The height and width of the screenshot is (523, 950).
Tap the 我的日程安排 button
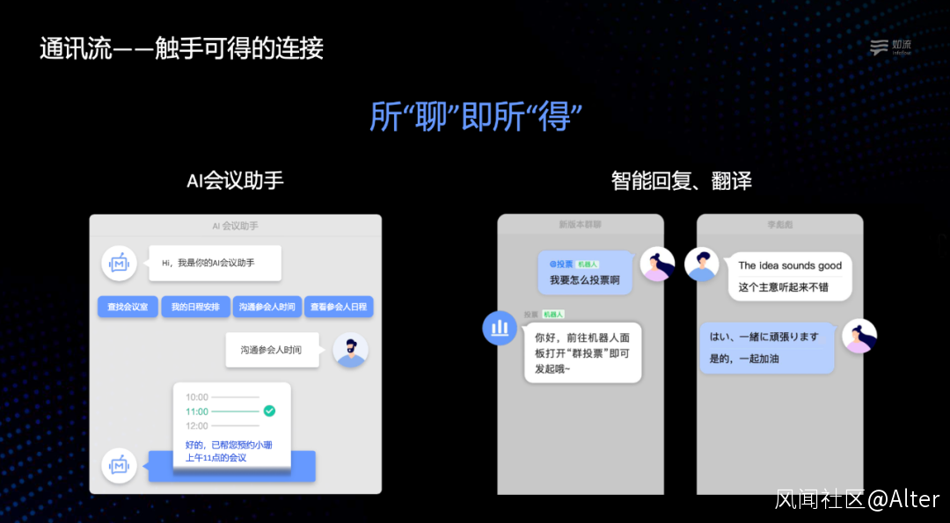(x=196, y=307)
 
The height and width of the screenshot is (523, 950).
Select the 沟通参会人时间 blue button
(x=267, y=307)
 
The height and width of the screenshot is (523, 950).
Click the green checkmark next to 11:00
(x=269, y=410)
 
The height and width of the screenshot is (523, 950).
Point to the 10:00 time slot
(x=197, y=397)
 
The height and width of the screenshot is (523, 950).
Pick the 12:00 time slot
(x=197, y=425)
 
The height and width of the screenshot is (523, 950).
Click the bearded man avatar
(x=350, y=350)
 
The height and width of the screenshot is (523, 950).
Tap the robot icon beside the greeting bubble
(x=119, y=263)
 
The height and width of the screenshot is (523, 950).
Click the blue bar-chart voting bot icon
(x=501, y=328)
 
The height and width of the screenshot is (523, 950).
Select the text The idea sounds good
(x=790, y=265)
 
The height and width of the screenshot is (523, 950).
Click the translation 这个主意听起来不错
(x=784, y=287)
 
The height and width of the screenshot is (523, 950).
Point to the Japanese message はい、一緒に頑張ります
(x=764, y=337)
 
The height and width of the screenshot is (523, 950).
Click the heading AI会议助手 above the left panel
(x=235, y=181)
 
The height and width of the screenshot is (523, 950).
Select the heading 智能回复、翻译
(x=681, y=181)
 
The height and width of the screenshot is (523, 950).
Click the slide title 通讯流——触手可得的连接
(x=181, y=48)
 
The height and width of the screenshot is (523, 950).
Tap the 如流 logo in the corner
(x=890, y=47)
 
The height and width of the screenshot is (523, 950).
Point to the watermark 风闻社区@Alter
(x=857, y=499)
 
